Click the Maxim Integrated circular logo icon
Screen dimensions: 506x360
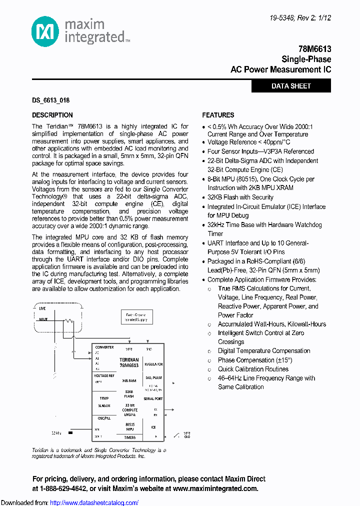(x=45, y=30)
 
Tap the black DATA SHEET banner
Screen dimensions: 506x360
(x=291, y=86)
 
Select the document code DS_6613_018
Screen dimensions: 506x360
(x=50, y=100)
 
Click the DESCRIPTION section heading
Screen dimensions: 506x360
(x=52, y=115)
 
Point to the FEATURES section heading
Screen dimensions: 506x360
(x=218, y=115)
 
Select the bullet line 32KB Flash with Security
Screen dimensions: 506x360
(x=240, y=197)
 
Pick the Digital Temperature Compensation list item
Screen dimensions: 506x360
(x=264, y=351)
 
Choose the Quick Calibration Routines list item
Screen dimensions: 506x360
(x=253, y=369)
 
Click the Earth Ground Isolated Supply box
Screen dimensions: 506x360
(x=136, y=316)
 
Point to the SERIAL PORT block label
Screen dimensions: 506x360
(x=153, y=398)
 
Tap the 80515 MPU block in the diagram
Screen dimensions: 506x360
(x=129, y=426)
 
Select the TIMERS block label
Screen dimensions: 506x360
(x=129, y=437)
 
